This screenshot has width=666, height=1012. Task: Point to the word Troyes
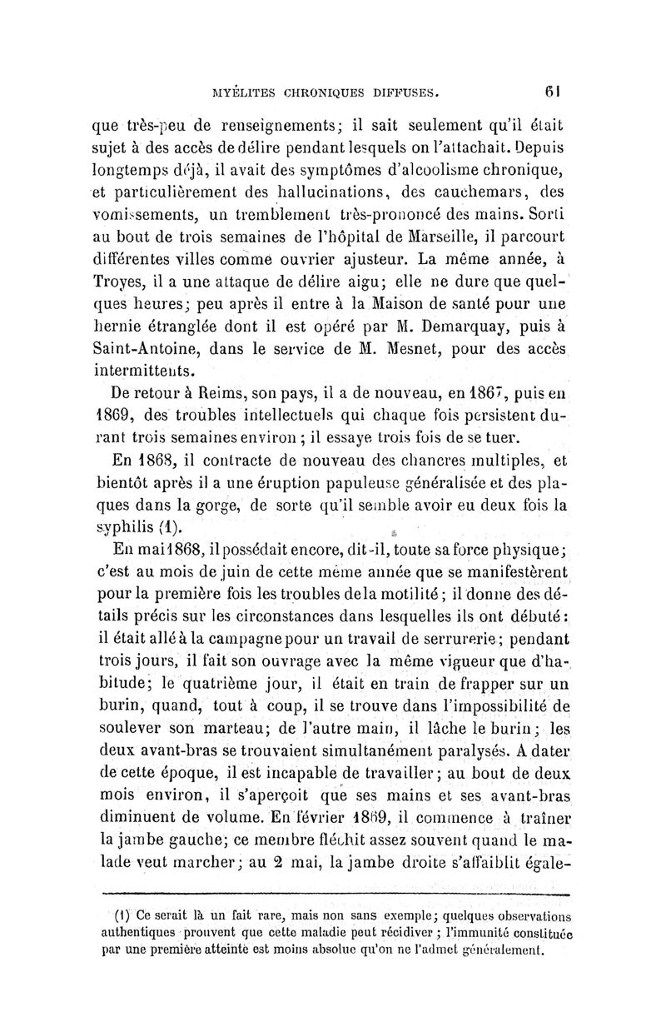click(x=113, y=271)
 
